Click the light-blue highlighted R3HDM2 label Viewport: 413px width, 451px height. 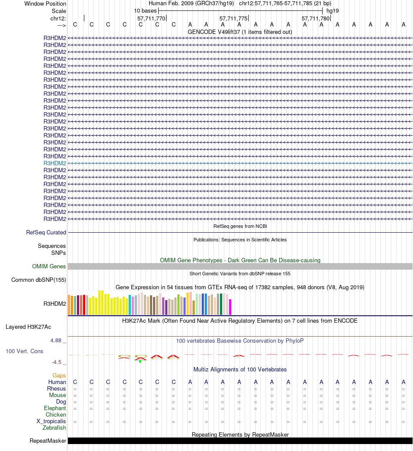(x=55, y=163)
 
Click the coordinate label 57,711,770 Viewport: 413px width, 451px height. (x=151, y=19)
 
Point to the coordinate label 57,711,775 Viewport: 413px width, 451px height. (x=233, y=19)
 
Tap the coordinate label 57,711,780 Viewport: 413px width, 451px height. (x=316, y=19)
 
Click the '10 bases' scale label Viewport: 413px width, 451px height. (x=145, y=10)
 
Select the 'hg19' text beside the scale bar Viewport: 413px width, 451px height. (x=333, y=10)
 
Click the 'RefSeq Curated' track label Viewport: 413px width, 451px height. (x=46, y=233)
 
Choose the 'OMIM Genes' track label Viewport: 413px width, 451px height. (x=49, y=267)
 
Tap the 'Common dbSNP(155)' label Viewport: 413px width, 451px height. (x=39, y=280)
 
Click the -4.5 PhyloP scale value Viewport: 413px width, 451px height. (x=57, y=362)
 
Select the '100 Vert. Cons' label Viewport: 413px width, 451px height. (x=24, y=351)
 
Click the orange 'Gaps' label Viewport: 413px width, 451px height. (x=59, y=375)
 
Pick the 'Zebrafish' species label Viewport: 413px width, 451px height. (x=54, y=428)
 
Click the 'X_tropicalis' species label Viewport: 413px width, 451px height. (x=51, y=421)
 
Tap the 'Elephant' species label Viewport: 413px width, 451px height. (x=55, y=408)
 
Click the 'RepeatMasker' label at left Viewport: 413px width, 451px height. (x=48, y=441)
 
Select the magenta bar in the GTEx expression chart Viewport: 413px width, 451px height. (x=230, y=307)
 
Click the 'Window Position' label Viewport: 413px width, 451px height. (x=45, y=3)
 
